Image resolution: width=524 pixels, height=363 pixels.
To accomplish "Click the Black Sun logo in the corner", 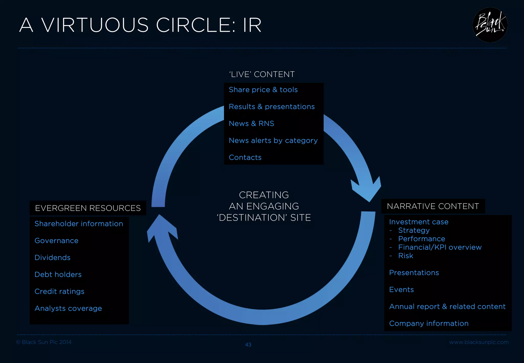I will tap(490, 25).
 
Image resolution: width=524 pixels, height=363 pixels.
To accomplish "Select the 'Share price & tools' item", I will tap(263, 90).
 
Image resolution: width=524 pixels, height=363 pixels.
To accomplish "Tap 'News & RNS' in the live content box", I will tap(251, 123).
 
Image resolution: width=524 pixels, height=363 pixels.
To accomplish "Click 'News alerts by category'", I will tap(273, 141).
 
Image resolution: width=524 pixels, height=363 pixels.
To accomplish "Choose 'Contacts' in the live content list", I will tap(245, 157).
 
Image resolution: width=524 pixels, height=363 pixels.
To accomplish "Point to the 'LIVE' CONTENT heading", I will tap(261, 74).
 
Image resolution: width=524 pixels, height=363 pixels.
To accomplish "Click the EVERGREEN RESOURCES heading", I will tap(88, 208).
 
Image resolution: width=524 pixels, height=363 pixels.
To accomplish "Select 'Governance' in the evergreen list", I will tap(56, 241).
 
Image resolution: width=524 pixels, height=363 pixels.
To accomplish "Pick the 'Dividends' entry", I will tap(52, 258).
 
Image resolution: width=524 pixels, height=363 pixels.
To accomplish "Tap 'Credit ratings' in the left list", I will tap(59, 291).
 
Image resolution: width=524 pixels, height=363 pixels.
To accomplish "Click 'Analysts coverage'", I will tap(68, 308).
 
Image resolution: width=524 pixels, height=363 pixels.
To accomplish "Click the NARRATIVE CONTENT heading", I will tap(433, 206).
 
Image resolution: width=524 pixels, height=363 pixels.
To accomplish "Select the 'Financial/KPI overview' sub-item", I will tap(440, 247).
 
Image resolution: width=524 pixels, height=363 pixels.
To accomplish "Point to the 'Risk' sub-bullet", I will tap(406, 256).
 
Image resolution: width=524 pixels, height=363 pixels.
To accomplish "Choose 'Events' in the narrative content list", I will tap(401, 290).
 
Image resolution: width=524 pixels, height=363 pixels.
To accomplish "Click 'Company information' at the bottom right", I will tap(429, 323).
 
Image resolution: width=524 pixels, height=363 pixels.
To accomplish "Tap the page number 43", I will tap(248, 345).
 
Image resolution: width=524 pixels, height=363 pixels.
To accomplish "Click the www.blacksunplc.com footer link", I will tap(479, 342).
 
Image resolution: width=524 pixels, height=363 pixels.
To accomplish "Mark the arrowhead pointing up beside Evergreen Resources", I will tap(161, 228).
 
